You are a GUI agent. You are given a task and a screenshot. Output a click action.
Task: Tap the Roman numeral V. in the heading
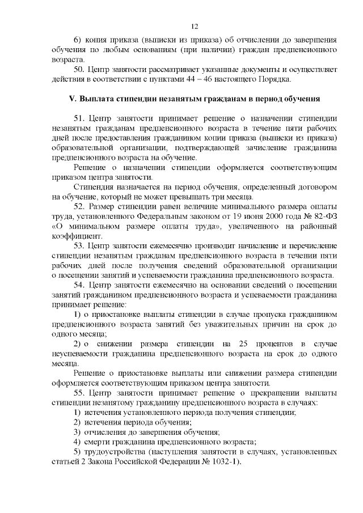(x=72, y=99)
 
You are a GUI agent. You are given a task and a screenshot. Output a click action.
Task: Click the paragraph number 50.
(x=79, y=69)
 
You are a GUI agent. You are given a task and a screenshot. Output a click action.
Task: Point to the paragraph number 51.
(x=79, y=118)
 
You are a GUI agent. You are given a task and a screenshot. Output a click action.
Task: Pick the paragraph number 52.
(x=79, y=206)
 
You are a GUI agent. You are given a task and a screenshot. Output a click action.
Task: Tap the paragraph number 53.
(x=79, y=245)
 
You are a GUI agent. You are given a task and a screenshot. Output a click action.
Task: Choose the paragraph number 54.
(x=79, y=285)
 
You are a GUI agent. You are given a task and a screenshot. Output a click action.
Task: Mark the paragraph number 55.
(x=79, y=392)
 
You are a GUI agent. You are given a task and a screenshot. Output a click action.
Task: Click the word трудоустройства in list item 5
(x=115, y=451)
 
